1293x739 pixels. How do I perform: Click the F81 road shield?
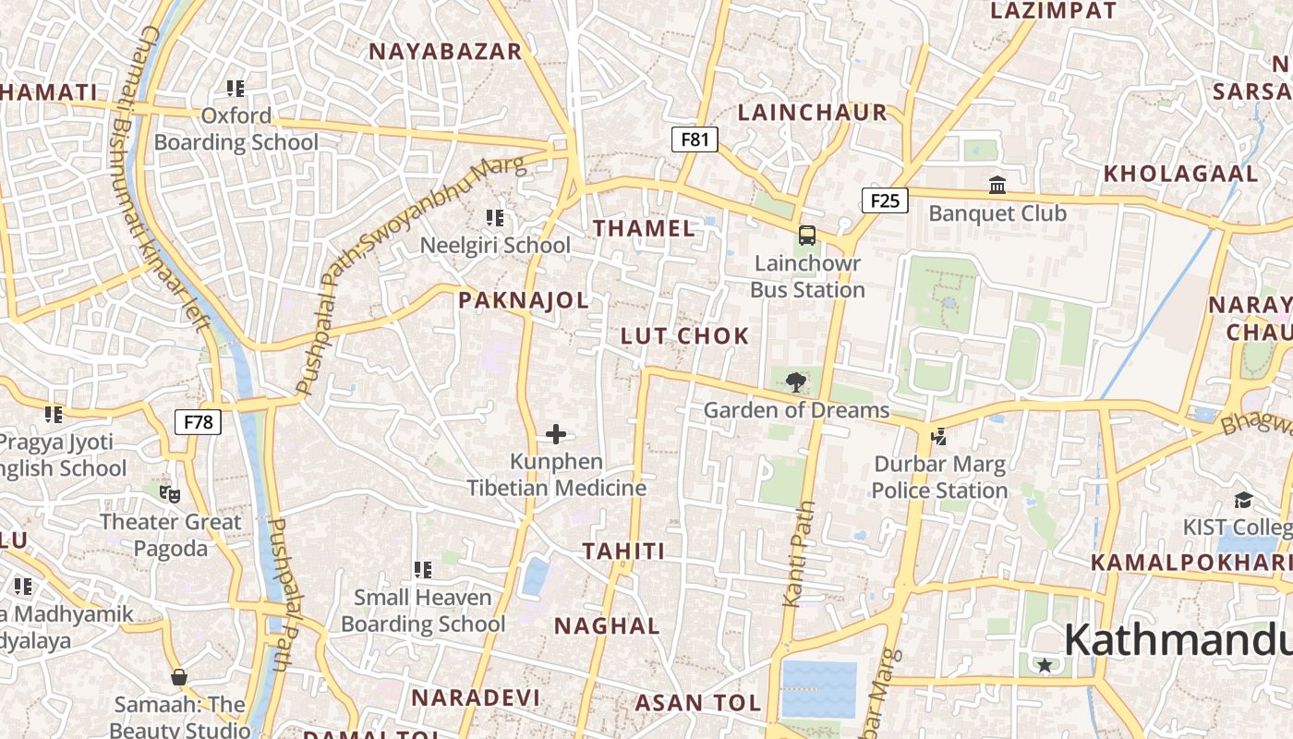695,139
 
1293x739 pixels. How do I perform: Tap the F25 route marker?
885,200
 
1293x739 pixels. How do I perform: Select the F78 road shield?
198,422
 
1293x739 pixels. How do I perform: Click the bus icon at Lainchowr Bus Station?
807,236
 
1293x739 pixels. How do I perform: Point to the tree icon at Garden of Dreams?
795,382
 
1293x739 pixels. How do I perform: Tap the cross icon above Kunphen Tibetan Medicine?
556,433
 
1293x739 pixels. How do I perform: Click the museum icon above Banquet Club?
997,186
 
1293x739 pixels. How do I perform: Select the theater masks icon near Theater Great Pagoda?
170,494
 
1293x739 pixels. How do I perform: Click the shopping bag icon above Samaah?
179,677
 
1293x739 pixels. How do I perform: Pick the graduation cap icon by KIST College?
1243,500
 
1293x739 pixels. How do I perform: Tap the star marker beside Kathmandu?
1045,665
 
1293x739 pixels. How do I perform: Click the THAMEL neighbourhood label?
644,228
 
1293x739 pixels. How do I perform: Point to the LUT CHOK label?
684,335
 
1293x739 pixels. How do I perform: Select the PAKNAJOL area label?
524,300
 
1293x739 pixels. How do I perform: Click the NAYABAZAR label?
446,51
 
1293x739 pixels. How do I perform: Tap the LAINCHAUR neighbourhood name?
813,113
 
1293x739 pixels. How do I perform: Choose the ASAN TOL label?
697,703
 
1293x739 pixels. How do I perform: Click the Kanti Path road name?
799,554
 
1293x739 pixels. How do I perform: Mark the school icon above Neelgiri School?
495,218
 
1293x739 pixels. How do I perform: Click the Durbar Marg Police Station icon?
939,436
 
